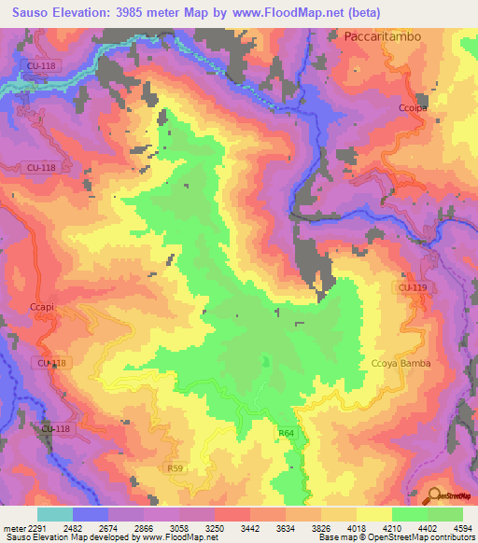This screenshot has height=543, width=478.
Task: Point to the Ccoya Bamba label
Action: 401,364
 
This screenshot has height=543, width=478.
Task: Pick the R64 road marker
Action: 285,433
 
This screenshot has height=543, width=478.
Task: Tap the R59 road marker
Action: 175,467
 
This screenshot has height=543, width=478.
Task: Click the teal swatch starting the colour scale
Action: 54,514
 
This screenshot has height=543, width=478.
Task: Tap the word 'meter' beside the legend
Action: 12,527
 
